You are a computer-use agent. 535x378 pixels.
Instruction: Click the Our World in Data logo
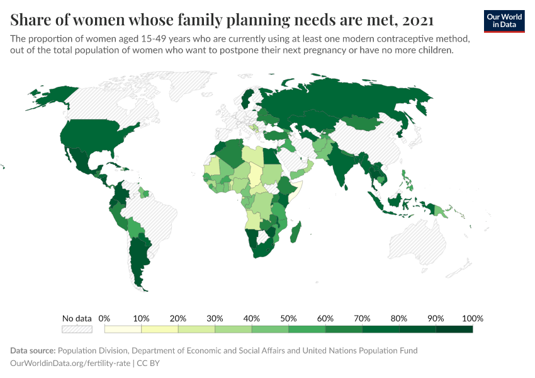click(x=504, y=21)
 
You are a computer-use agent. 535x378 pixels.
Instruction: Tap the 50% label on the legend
click(x=288, y=318)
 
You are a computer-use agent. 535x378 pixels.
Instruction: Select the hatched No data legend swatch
click(x=77, y=329)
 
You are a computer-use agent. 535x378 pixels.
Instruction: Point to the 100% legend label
click(x=472, y=318)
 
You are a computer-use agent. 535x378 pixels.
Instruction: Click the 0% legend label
click(x=104, y=318)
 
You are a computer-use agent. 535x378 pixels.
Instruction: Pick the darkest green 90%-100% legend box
click(x=454, y=329)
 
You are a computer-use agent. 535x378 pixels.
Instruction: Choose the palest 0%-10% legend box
click(x=123, y=329)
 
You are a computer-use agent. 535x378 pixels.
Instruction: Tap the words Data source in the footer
click(x=33, y=350)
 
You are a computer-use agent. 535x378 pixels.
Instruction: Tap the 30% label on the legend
click(x=215, y=318)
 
